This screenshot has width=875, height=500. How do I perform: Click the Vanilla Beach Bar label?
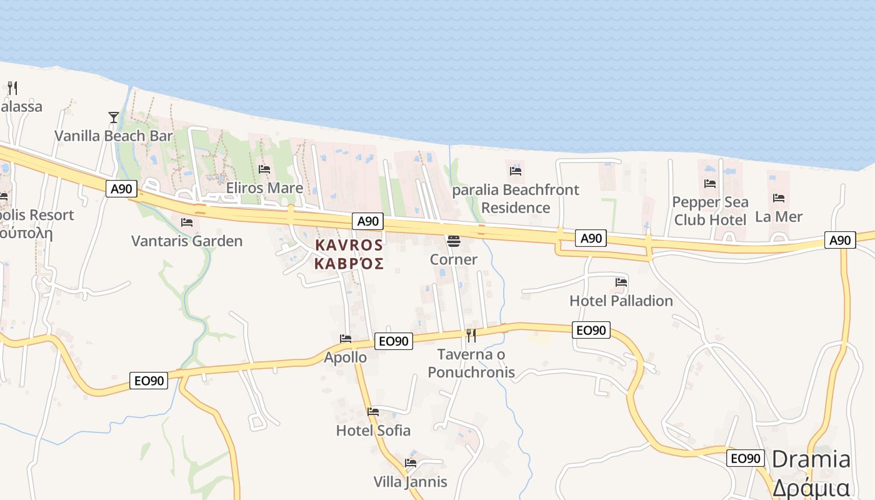click(x=113, y=136)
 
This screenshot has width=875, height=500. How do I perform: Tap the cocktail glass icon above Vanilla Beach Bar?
click(x=113, y=117)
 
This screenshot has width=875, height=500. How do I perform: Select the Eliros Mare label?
click(x=264, y=187)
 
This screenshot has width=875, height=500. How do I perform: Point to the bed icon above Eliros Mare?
click(x=264, y=169)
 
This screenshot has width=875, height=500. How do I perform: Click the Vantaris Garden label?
click(x=187, y=241)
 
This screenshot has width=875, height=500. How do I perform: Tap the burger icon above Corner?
click(x=454, y=241)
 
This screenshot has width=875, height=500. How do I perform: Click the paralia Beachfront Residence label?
click(x=516, y=198)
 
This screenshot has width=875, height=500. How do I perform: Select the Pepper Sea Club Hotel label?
click(x=710, y=211)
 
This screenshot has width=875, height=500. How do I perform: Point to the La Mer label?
click(x=779, y=216)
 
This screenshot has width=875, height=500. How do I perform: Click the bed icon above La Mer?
click(x=779, y=198)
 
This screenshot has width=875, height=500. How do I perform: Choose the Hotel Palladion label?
click(x=621, y=301)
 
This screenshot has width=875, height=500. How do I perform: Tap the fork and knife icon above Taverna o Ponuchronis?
click(x=471, y=336)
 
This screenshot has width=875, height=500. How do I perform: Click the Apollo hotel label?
click(x=345, y=357)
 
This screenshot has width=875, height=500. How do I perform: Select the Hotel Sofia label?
click(x=373, y=430)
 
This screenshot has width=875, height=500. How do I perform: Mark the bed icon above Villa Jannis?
click(x=411, y=463)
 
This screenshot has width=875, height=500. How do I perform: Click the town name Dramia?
click(x=811, y=459)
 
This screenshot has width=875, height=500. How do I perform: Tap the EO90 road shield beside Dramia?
click(x=746, y=458)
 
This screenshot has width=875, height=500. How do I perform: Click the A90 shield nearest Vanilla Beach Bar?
click(x=121, y=189)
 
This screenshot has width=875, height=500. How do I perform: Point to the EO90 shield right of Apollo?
click(x=394, y=341)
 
